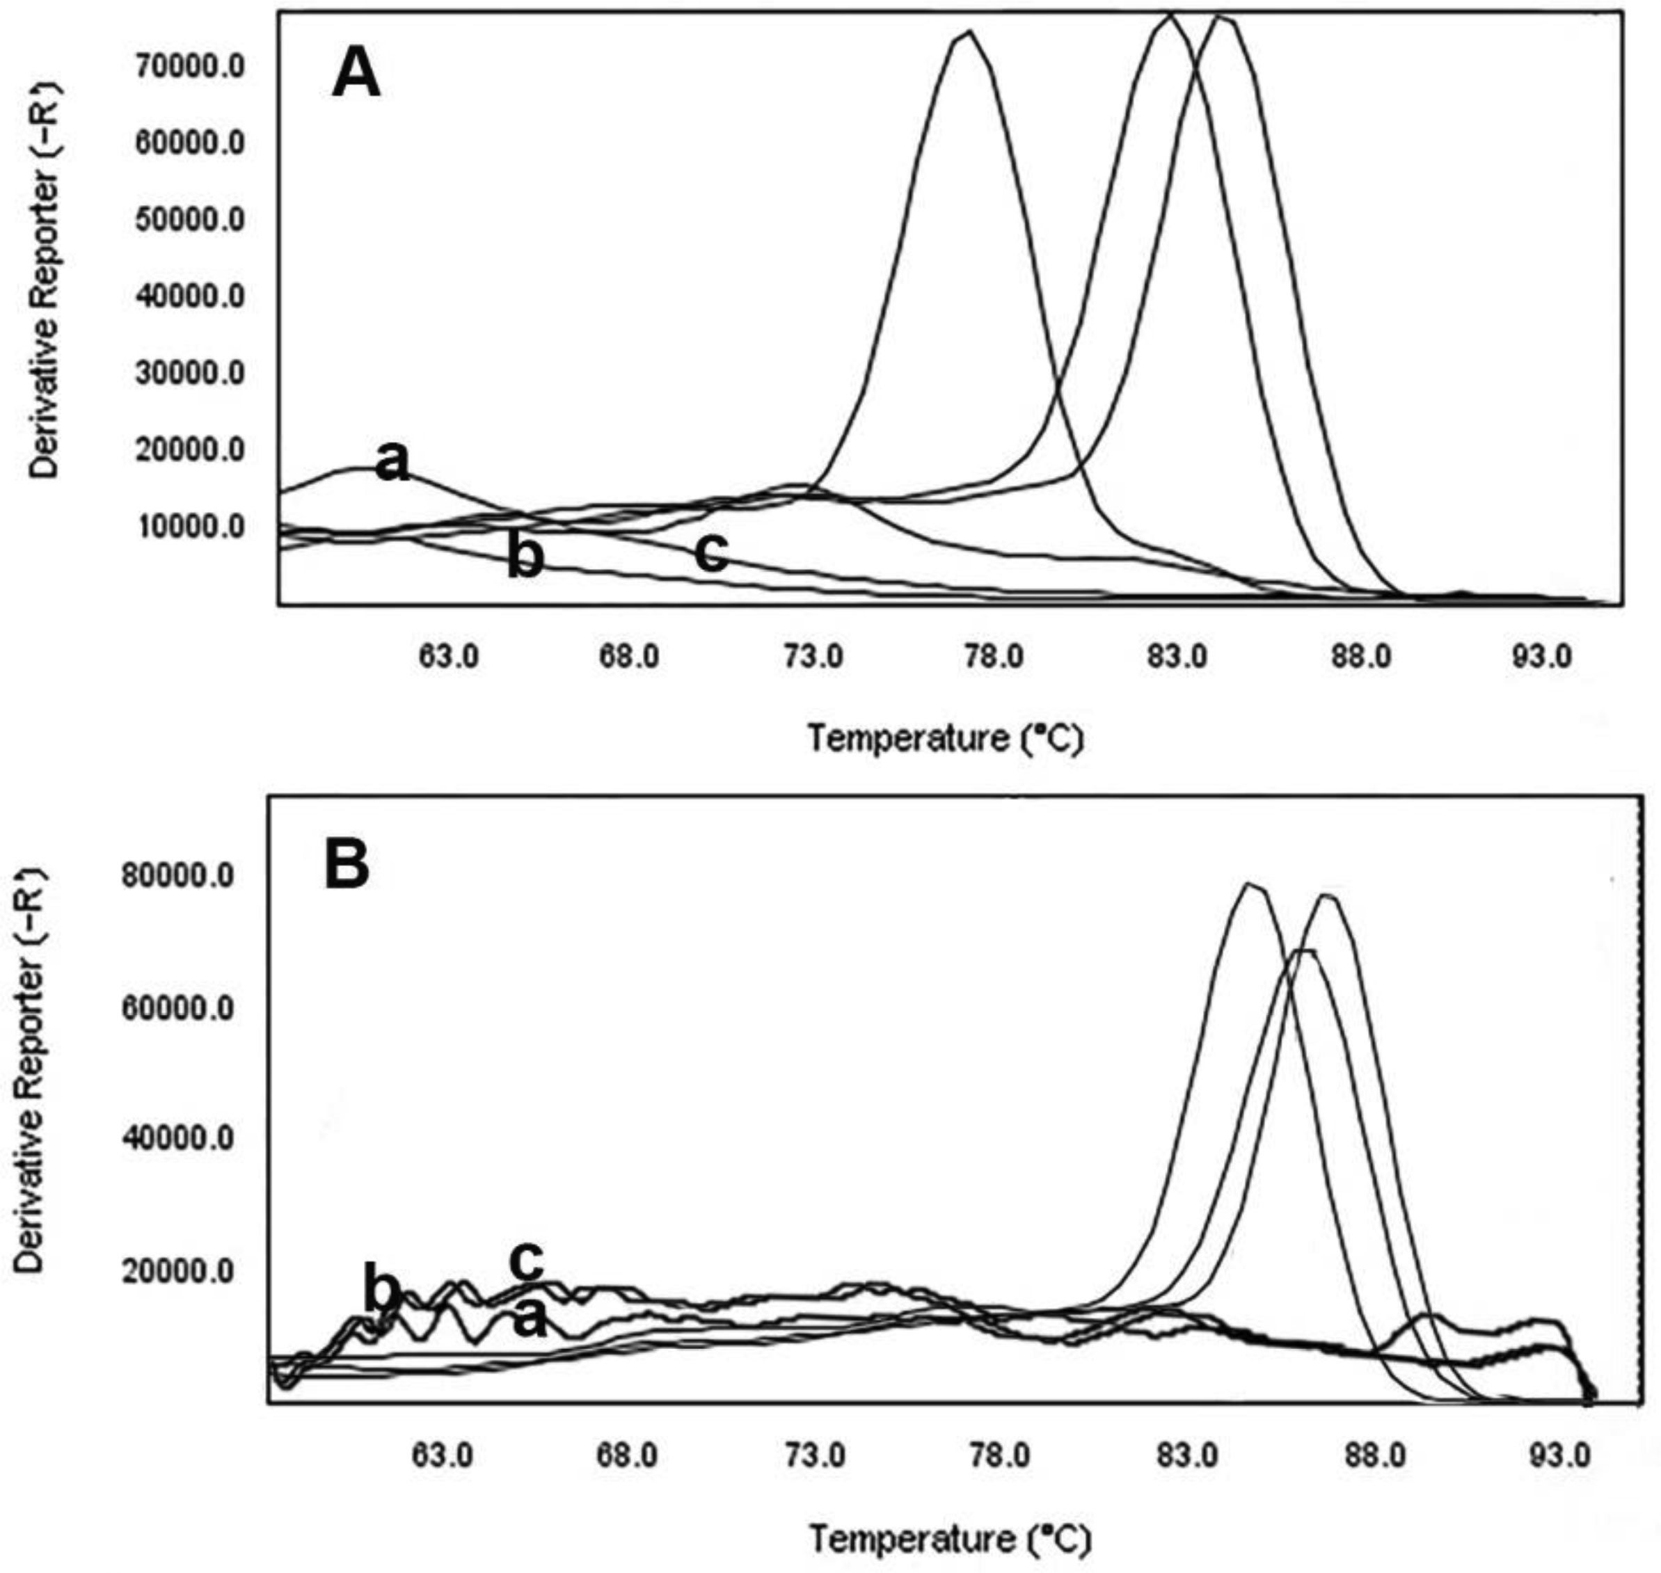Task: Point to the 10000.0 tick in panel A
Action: point(191,527)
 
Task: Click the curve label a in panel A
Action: point(392,462)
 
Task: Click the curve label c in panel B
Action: point(527,1259)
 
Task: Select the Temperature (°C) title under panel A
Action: point(946,739)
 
